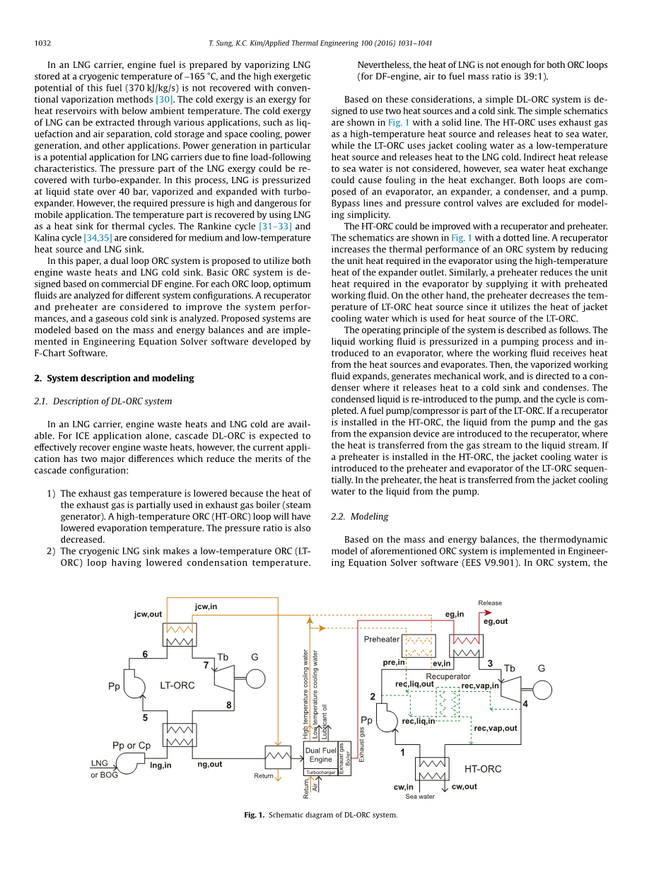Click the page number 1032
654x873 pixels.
(42, 43)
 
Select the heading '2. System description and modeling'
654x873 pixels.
(114, 378)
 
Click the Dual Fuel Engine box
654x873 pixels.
(320, 755)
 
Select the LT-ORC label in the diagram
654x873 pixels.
(177, 685)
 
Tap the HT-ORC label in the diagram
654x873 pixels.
(483, 769)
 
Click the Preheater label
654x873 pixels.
(382, 640)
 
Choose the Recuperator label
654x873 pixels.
(448, 676)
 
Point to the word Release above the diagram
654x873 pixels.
(490, 603)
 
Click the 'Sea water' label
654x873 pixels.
(420, 797)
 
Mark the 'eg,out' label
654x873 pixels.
(496, 621)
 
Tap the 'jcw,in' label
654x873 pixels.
(206, 606)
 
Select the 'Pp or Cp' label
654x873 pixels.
(132, 746)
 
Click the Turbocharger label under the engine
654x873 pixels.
(320, 773)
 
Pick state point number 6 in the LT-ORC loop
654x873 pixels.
(145, 654)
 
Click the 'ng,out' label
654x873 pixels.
(209, 764)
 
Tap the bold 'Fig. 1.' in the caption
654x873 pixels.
(254, 815)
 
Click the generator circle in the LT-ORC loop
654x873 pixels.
(255, 678)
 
